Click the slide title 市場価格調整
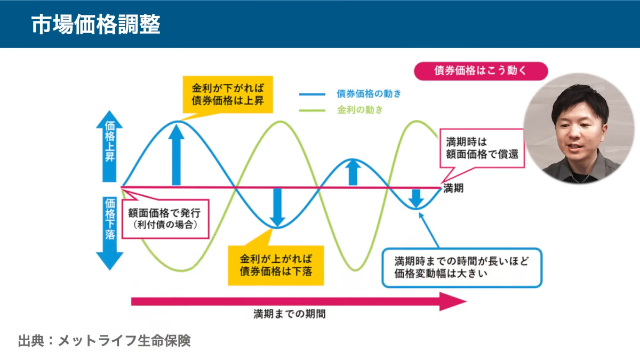[95, 25]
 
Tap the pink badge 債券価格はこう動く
[481, 71]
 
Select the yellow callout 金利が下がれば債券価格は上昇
[228, 94]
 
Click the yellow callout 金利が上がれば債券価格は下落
[276, 265]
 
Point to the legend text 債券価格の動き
[369, 93]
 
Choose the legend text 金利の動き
[359, 110]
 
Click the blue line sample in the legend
[312, 94]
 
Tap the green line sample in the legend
[312, 110]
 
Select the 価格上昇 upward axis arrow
[109, 146]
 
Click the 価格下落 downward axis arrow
[109, 233]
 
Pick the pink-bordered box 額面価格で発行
[165, 219]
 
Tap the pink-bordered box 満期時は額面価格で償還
[482, 148]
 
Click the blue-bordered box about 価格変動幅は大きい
[462, 268]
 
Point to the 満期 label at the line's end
[453, 188]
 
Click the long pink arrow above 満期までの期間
[299, 301]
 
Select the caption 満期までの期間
[290, 314]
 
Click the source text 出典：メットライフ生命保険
[105, 341]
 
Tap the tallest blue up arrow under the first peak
[177, 155]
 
